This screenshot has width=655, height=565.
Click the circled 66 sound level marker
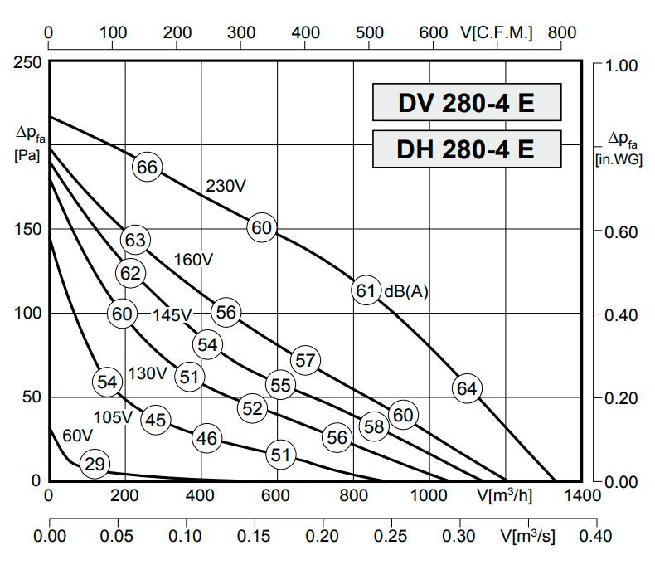[x=147, y=167]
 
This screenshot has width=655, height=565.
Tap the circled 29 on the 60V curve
[x=95, y=464]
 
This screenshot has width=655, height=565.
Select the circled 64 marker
[x=467, y=387]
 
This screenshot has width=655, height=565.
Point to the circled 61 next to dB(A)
[x=366, y=290]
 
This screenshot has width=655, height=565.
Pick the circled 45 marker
[x=155, y=420]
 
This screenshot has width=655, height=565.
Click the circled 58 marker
[x=374, y=426]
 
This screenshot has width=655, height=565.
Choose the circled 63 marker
[x=134, y=241]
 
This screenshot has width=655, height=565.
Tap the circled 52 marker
[x=252, y=408]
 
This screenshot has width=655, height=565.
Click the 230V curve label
[x=226, y=187]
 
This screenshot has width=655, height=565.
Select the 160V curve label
[x=194, y=260]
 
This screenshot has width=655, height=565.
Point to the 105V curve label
[x=114, y=416]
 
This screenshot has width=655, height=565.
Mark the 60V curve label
[x=77, y=436]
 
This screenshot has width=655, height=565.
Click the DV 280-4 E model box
[x=466, y=104]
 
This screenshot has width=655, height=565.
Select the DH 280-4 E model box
[x=466, y=149]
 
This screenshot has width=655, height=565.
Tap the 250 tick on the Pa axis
[x=27, y=63]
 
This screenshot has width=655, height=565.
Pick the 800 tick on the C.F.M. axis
[x=562, y=32]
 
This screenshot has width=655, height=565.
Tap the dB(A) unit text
[x=406, y=291]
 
